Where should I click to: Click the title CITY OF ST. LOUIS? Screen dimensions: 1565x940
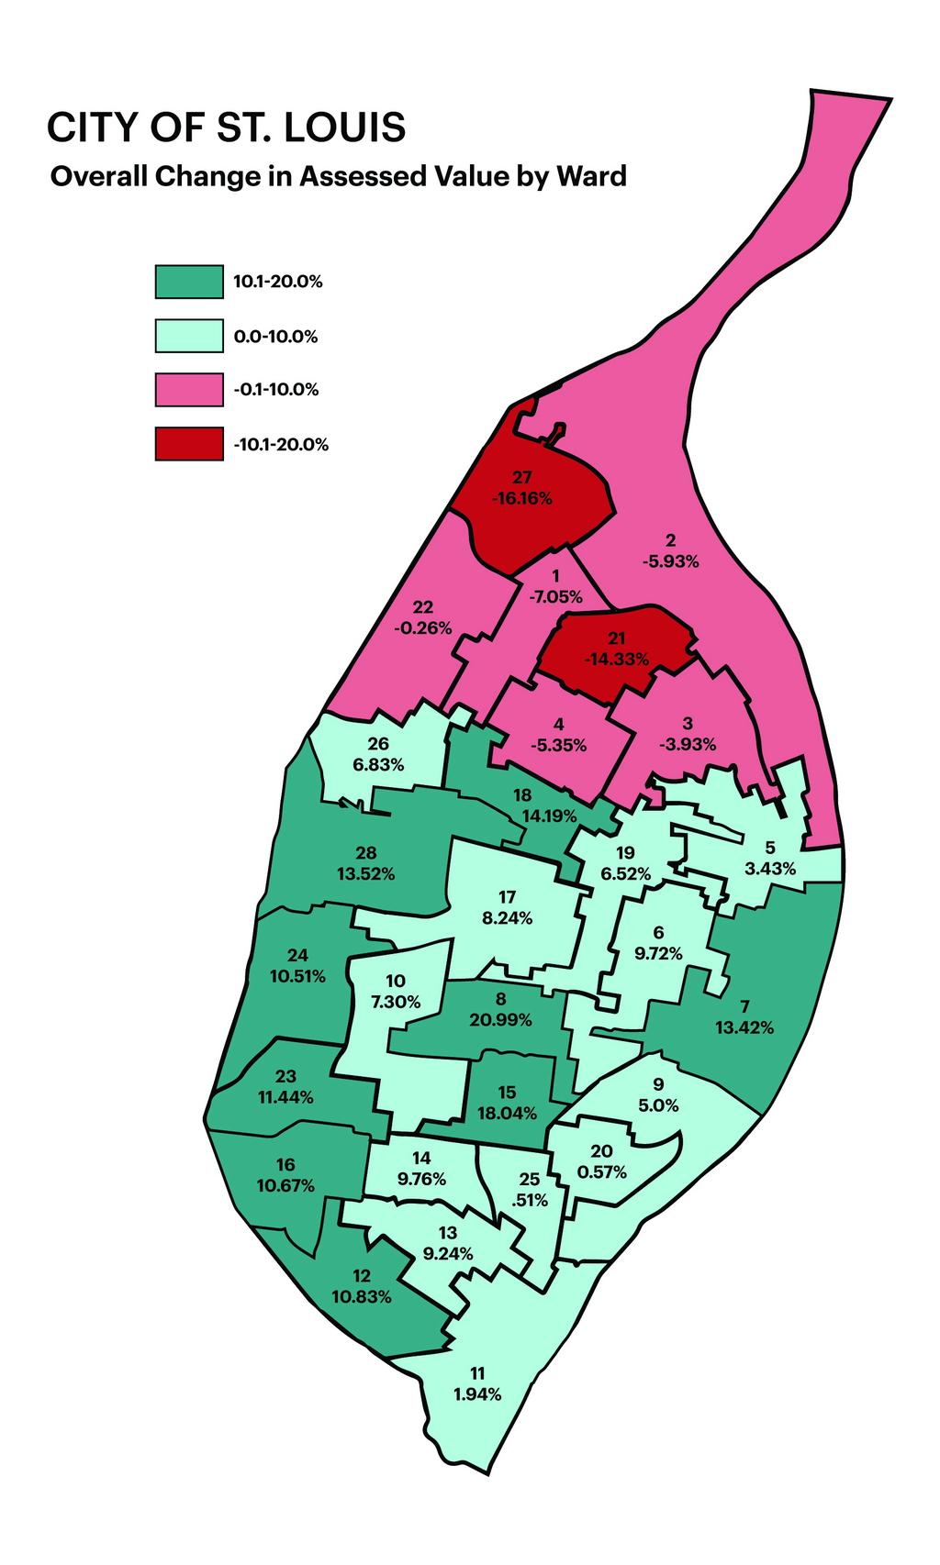point(226,128)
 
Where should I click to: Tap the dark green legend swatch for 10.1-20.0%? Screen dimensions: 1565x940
point(189,283)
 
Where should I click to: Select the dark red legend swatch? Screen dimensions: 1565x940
point(189,445)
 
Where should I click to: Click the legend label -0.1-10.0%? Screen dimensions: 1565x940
point(276,390)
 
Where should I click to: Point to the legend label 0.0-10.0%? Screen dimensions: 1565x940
point(275,337)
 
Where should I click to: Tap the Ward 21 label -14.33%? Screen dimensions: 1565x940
point(616,659)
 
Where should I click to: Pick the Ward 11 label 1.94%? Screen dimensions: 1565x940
point(477,1394)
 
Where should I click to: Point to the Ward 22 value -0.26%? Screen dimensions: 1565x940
point(422,628)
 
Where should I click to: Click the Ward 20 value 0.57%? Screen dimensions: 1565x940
point(602,1171)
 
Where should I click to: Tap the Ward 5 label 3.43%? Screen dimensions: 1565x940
point(770,869)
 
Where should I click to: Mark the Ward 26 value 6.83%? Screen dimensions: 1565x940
point(378,764)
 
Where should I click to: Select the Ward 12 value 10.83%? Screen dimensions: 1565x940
point(361,1297)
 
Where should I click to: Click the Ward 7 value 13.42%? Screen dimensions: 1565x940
point(744,1027)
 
